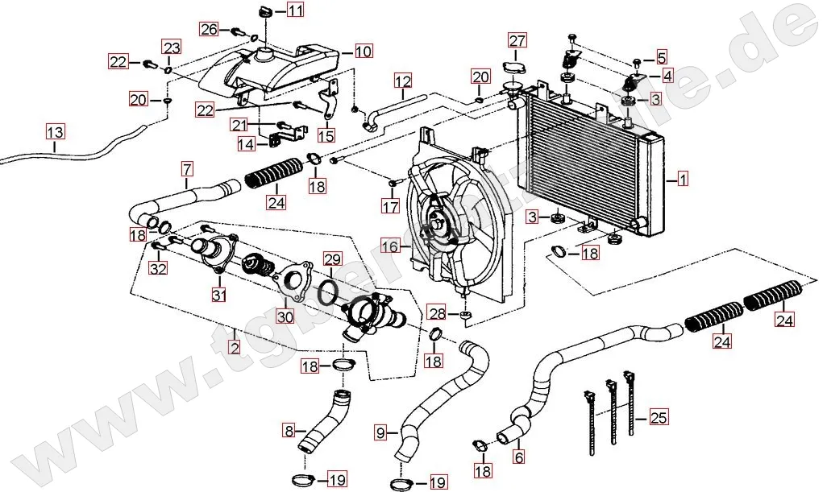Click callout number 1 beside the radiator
pos(683,180)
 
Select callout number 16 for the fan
pos(390,245)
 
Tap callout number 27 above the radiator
pos(517,41)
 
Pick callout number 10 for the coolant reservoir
pos(363,52)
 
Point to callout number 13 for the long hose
pos(54,132)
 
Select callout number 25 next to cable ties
pos(659,417)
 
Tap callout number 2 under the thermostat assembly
pos(235,348)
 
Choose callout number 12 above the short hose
pos(403,81)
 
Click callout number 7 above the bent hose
pos(187,170)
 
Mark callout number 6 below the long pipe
pos(518,457)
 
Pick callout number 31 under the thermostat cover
pos(218,296)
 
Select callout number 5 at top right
pos(662,57)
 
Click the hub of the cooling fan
pos(439,225)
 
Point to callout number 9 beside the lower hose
pos(380,432)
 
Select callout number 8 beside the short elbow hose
pos(289,431)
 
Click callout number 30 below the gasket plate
pos(285,316)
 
